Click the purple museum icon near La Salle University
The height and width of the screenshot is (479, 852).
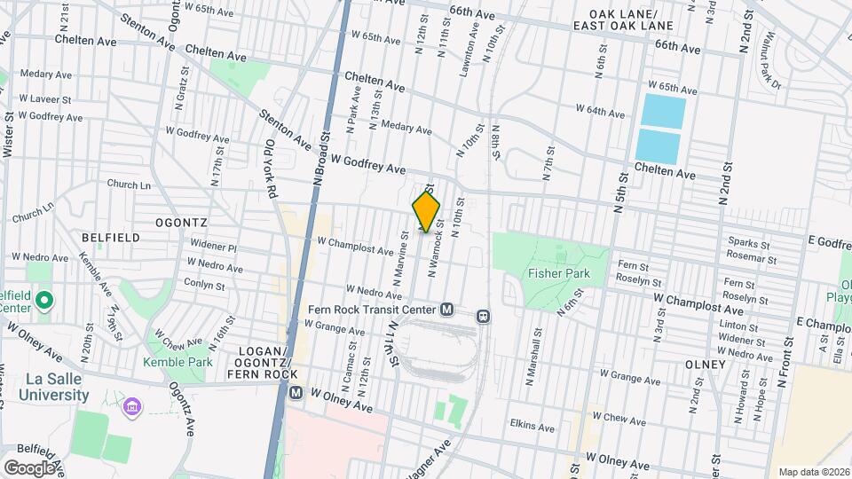(x=133, y=407)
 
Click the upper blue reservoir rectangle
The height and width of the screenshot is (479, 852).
(x=663, y=111)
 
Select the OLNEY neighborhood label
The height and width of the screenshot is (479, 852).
(x=706, y=365)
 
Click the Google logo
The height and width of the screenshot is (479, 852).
(x=29, y=467)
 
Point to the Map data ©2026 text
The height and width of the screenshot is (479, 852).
(x=813, y=472)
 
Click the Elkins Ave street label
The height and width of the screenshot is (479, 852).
(x=532, y=427)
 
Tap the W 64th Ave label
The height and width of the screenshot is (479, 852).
(x=600, y=111)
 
